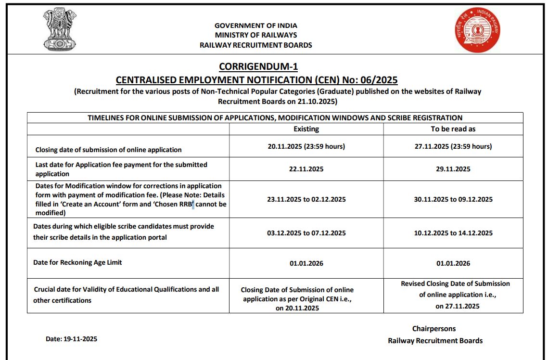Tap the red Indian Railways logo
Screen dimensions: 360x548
point(478,30)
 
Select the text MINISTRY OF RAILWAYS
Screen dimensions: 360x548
point(255,35)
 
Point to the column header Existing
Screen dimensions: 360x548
point(306,129)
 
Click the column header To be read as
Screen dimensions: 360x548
point(453,129)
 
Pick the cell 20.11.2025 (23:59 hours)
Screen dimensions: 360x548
point(306,146)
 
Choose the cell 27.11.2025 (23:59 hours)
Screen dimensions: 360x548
point(453,146)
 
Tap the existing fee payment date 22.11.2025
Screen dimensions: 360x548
point(306,169)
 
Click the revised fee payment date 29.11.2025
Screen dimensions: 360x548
point(453,169)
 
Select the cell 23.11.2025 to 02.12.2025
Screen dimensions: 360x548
point(306,199)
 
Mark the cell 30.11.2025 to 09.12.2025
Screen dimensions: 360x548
point(453,199)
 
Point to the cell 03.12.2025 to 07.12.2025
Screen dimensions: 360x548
point(306,233)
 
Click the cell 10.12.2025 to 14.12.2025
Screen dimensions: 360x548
point(453,233)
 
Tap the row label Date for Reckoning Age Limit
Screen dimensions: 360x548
point(77,262)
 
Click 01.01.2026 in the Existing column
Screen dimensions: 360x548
point(306,263)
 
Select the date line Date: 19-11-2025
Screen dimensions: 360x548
point(71,339)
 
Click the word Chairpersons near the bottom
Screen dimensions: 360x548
point(433,329)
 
